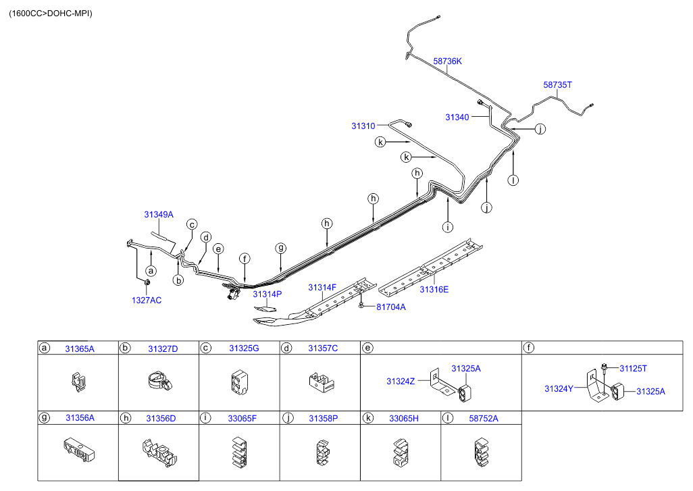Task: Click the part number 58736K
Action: (447, 61)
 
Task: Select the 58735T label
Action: (557, 85)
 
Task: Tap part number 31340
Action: (457, 117)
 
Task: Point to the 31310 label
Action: (363, 126)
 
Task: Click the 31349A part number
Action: (158, 215)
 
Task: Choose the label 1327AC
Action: (147, 301)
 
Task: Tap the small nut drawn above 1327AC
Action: (148, 282)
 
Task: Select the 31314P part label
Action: (267, 294)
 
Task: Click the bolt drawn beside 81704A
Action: (363, 306)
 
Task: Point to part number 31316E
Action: (434, 289)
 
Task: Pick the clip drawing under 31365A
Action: (77, 383)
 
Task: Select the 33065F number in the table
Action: (242, 418)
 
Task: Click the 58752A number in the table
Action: (483, 418)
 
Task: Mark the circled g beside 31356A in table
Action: (45, 418)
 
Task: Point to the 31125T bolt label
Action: (633, 368)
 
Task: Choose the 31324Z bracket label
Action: (401, 382)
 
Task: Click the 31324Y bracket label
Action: (559, 388)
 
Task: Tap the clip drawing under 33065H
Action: (401, 452)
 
